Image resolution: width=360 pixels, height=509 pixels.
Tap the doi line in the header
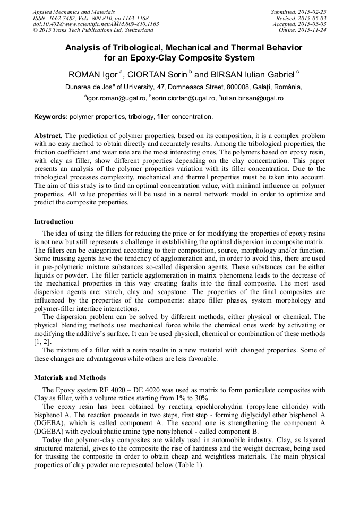(x=96, y=24)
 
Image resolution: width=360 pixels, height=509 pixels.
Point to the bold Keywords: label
(x=50, y=117)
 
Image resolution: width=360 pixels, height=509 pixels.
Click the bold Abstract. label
(x=48, y=135)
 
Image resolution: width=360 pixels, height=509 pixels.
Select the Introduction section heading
(x=54, y=221)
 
